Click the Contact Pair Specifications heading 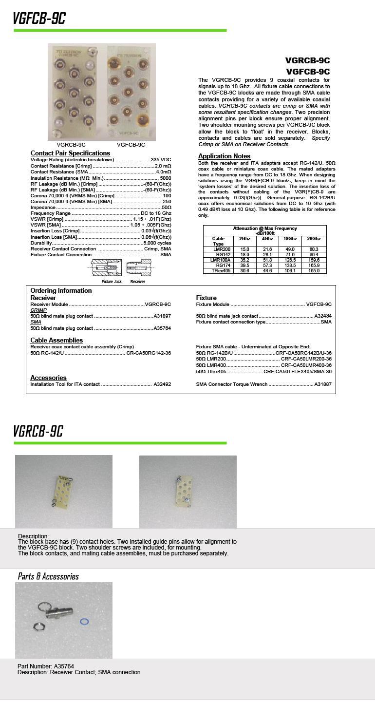(70, 153)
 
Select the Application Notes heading (224, 156)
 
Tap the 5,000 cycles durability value (157, 243)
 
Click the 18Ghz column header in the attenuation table (290, 239)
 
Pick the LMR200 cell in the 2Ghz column (244, 249)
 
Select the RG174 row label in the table (223, 266)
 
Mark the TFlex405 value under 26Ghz (314, 271)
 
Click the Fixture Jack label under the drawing (112, 282)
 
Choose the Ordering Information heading (61, 290)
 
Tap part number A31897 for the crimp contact (162, 316)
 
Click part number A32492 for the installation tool (162, 384)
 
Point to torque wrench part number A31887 (323, 384)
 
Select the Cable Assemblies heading (56, 340)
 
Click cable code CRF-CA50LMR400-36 (306, 365)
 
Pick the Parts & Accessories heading (48, 576)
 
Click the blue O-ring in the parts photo (84, 622)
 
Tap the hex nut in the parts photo (38, 626)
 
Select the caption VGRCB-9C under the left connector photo (71, 145)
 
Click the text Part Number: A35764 (46, 666)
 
